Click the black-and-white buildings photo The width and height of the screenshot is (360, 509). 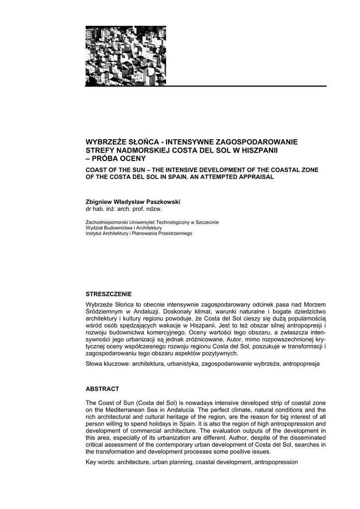click(125, 56)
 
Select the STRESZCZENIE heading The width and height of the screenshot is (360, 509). click(109, 294)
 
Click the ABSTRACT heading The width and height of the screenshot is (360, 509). click(102, 389)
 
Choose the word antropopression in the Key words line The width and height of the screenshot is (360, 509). click(276, 462)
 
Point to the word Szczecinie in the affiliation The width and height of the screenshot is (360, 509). click(207, 222)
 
